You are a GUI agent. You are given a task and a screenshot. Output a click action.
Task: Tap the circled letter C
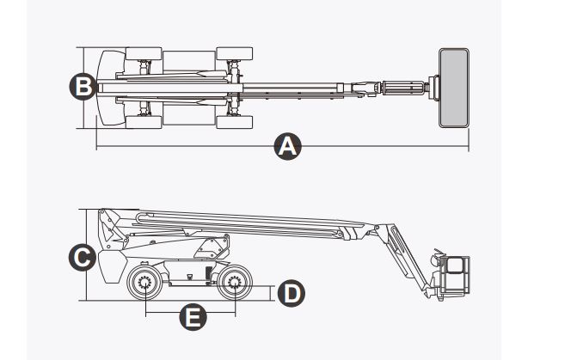pos(80,257)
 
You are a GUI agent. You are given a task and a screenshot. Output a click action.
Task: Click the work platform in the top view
pos(453,87)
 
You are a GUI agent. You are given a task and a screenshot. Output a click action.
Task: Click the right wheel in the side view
pos(233,284)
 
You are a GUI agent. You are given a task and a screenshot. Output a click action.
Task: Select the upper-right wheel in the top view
pos(234,54)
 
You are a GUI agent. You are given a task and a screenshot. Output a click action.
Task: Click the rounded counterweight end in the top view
pos(108,87)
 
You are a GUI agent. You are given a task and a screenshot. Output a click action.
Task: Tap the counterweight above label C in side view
pos(109,266)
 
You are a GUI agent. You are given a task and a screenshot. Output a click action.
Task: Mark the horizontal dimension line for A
pos(189,147)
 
